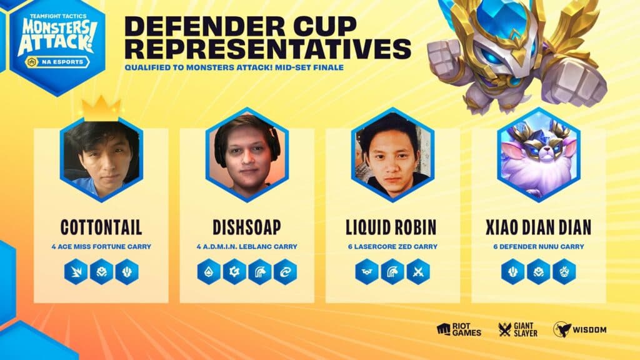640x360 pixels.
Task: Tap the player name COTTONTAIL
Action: pyautogui.click(x=101, y=227)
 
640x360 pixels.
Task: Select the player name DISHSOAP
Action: pyautogui.click(x=247, y=227)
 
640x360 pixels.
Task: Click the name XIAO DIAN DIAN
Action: pyautogui.click(x=539, y=227)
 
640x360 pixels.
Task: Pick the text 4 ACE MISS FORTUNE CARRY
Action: pyautogui.click(x=101, y=247)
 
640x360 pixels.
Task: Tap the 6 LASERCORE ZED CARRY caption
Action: pyautogui.click(x=392, y=247)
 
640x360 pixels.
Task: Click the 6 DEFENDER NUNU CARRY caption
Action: pyautogui.click(x=539, y=247)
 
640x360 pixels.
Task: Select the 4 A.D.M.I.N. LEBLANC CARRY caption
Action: pyautogui.click(x=247, y=247)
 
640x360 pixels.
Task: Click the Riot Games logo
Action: pyautogui.click(x=460, y=329)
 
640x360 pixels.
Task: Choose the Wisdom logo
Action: pyautogui.click(x=579, y=329)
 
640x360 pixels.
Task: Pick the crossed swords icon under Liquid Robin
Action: pyautogui.click(x=418, y=272)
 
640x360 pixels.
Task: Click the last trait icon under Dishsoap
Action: pyautogui.click(x=285, y=272)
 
